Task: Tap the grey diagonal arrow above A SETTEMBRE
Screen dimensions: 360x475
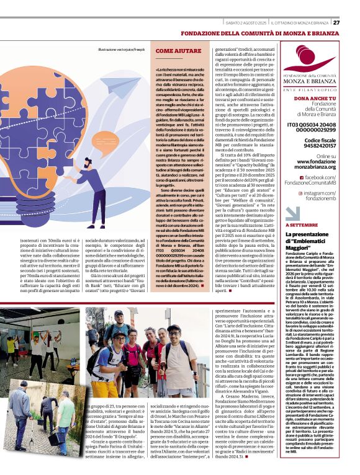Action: pyautogui.click(x=292, y=216)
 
